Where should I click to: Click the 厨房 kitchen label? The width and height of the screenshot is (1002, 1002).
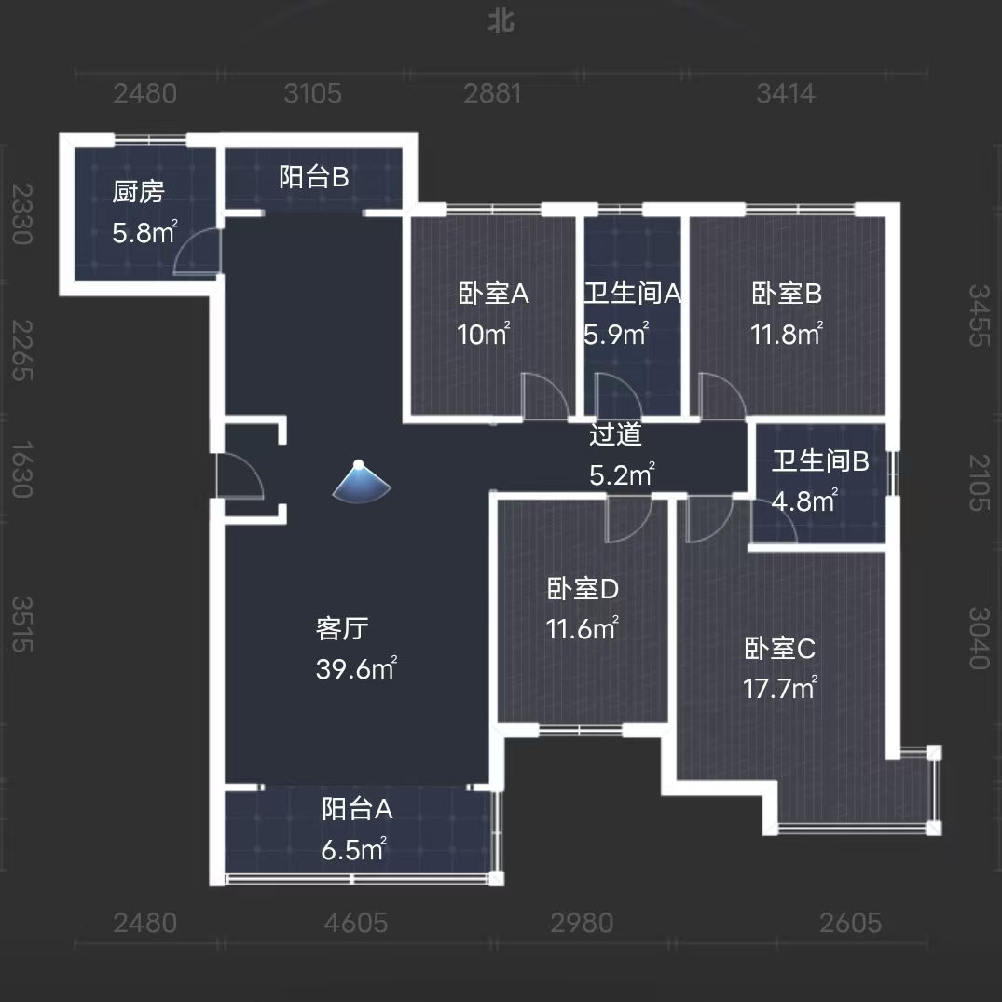tap(138, 193)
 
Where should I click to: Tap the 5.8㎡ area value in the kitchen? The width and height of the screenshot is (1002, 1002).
tap(144, 233)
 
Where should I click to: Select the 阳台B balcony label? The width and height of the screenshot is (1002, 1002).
tap(314, 177)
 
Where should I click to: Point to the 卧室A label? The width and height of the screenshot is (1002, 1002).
tap(494, 295)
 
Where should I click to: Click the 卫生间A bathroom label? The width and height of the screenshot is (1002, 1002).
tap(633, 295)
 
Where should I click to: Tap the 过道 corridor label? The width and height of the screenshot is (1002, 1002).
tap(615, 434)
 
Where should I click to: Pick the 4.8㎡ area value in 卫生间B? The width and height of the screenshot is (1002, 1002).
tap(803, 501)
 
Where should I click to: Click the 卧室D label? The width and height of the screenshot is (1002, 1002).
tap(583, 589)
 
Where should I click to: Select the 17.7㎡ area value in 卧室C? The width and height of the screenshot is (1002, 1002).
tap(780, 689)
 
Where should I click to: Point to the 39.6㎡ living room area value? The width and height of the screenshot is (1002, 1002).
tap(357, 669)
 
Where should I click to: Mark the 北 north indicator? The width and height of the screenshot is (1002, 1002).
tap(501, 21)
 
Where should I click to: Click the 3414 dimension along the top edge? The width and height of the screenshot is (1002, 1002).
tap(787, 93)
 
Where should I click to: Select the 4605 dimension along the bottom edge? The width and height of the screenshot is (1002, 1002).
tap(356, 923)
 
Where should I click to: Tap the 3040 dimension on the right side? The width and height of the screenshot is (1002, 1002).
tap(978, 638)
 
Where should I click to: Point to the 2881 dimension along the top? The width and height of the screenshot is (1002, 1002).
tap(493, 93)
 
